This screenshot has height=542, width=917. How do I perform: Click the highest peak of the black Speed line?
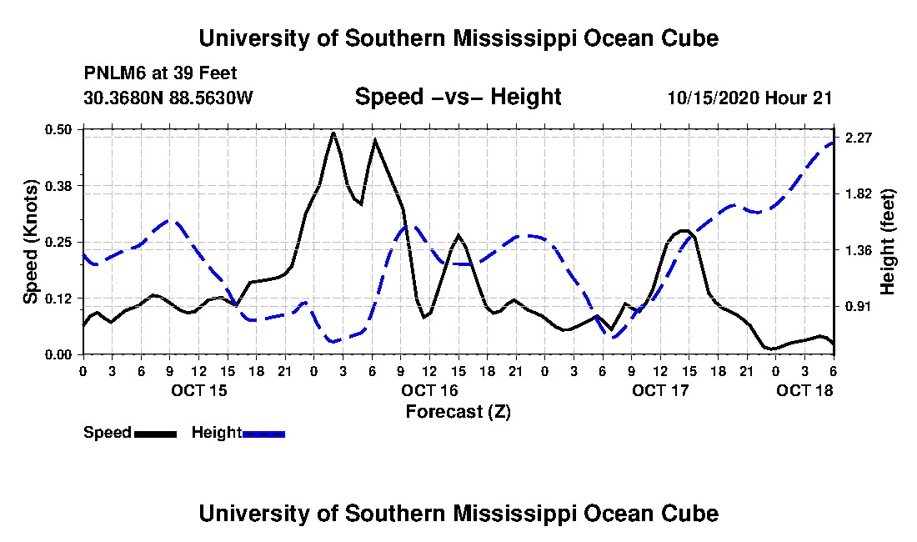(x=333, y=133)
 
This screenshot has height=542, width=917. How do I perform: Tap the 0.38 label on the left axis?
(x=58, y=186)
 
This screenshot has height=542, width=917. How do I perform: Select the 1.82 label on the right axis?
(x=859, y=194)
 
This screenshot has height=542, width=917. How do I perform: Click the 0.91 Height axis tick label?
(x=859, y=306)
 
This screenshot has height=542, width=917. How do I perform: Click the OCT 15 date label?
(x=199, y=390)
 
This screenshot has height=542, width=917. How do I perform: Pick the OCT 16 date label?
(x=430, y=390)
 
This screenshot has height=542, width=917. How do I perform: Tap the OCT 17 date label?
(x=660, y=390)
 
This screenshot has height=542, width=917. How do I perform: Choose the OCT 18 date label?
(x=804, y=390)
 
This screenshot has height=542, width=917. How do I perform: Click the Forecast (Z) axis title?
(x=458, y=412)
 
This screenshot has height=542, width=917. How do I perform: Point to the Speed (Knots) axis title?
(x=30, y=242)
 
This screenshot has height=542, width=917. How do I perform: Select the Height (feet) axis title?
(x=887, y=242)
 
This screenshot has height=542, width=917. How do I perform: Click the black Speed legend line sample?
(x=155, y=434)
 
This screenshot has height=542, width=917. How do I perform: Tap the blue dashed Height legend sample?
(x=263, y=434)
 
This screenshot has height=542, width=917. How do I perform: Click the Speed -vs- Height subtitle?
(x=458, y=97)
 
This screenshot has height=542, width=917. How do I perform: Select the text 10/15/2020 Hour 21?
(x=749, y=98)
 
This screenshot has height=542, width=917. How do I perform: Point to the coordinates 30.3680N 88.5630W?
(x=168, y=97)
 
